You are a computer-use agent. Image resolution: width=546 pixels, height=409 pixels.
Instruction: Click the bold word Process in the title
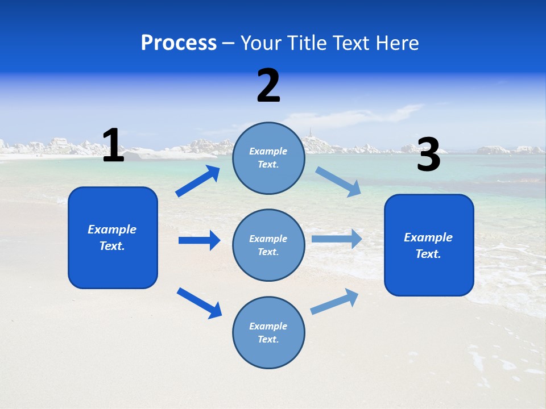179,43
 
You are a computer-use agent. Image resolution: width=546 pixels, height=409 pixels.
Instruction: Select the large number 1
113,146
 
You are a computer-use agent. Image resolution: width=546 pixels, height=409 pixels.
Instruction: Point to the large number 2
268,86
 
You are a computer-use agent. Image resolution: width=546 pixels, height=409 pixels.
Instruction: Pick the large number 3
428,155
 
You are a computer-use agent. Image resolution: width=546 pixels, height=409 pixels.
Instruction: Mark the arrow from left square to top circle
197,181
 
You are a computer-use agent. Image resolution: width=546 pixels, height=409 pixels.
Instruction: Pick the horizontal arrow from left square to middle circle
199,240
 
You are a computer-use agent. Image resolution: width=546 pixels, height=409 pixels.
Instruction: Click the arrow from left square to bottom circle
199,302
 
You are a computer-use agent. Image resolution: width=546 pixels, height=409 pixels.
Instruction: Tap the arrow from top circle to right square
338,182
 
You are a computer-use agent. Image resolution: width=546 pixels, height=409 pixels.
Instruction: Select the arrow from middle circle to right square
336,239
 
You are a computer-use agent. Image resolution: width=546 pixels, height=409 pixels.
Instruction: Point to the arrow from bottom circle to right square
335,302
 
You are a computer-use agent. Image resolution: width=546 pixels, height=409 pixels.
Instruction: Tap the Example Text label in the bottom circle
268,333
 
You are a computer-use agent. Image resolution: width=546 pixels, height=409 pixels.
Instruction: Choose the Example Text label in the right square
428,245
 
